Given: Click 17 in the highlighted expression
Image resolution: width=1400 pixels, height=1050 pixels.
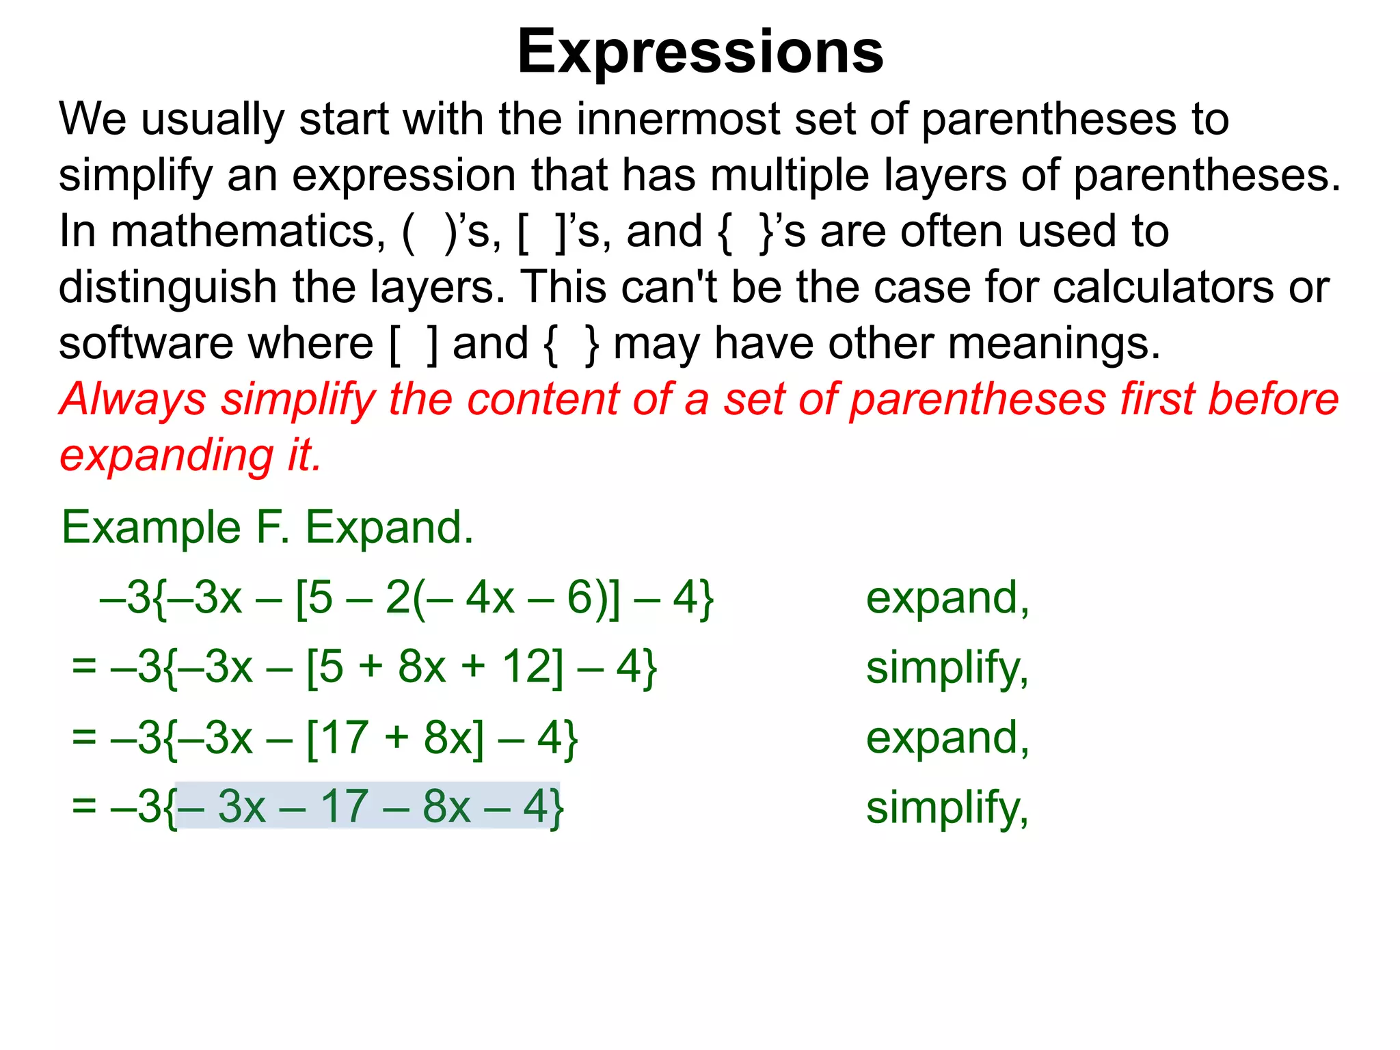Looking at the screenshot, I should (345, 807).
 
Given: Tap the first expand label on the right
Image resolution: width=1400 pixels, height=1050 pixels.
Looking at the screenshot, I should (947, 599).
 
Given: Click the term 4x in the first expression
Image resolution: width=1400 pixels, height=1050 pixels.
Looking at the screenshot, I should (489, 598).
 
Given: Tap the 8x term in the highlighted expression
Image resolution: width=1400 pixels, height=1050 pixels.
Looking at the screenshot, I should (446, 807).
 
